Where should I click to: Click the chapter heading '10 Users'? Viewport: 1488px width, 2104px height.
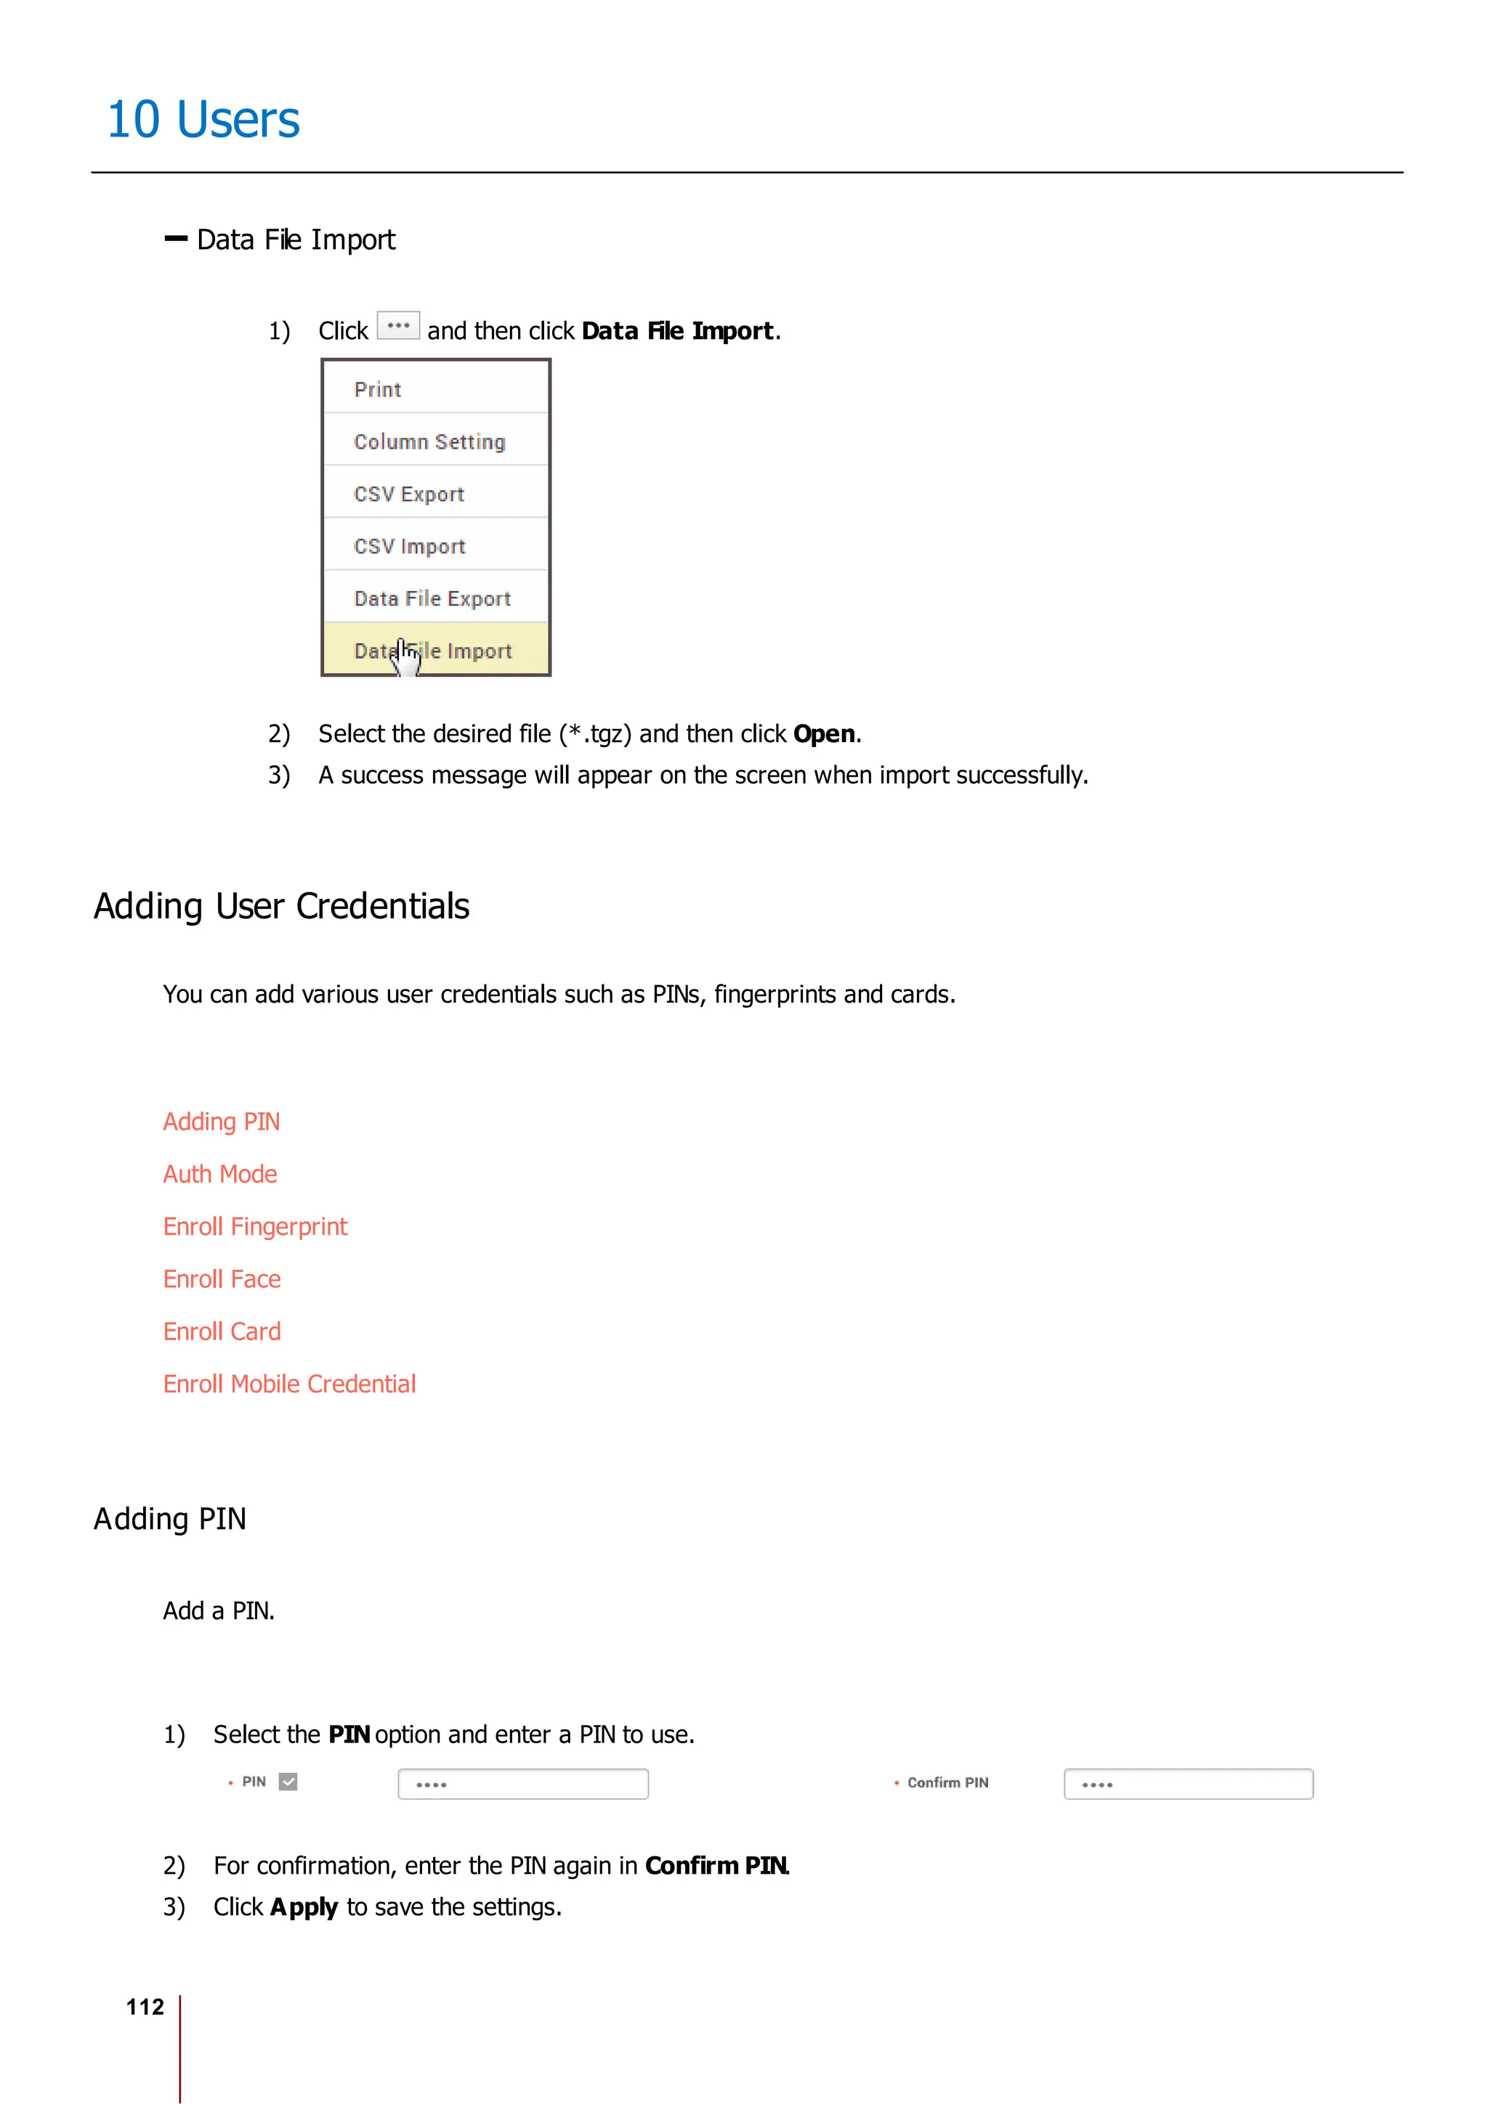click(203, 120)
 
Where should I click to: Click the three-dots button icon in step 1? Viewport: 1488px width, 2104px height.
click(398, 326)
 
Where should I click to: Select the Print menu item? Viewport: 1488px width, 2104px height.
click(378, 389)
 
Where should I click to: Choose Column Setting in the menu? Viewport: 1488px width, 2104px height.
click(429, 441)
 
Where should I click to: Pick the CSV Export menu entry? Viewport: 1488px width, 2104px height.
click(409, 494)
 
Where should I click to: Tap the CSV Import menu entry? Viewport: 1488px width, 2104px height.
click(410, 546)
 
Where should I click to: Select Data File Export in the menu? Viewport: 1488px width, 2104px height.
click(432, 598)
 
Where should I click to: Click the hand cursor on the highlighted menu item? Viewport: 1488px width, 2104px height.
click(405, 655)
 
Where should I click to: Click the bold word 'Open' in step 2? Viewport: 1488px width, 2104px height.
click(823, 734)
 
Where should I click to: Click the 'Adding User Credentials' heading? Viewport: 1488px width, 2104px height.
click(281, 906)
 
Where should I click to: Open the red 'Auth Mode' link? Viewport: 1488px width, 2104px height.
click(220, 1174)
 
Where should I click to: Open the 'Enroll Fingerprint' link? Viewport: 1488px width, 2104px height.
click(255, 1226)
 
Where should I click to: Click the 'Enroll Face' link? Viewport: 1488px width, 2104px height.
click(222, 1279)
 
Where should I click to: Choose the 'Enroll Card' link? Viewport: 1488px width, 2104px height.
click(222, 1331)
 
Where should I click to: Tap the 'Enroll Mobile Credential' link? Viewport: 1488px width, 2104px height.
click(288, 1384)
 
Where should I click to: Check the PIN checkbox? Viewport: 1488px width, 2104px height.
click(288, 1782)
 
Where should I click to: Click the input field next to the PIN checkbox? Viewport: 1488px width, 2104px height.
click(522, 1784)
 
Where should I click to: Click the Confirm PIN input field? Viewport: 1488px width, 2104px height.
click(1188, 1784)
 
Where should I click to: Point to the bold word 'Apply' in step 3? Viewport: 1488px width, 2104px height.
click(304, 1907)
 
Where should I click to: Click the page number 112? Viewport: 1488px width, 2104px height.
click(145, 2007)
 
